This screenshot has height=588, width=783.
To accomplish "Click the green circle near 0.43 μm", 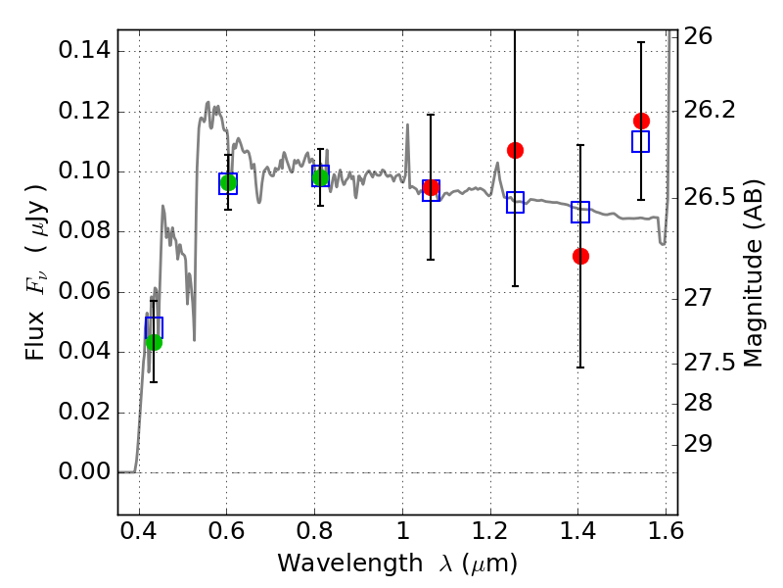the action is [154, 342].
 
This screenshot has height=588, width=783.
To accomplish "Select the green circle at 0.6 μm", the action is [228, 182].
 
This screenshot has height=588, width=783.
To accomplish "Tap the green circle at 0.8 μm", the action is [321, 177].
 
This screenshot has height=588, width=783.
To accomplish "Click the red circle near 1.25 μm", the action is [516, 150].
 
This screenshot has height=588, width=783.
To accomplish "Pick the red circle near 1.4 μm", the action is [580, 256].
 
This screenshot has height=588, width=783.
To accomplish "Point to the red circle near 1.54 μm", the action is [642, 121].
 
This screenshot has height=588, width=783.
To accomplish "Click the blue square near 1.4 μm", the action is [580, 212].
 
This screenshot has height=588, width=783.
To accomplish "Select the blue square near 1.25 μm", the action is [516, 202].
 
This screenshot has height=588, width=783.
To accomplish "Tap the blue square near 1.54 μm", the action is [640, 141].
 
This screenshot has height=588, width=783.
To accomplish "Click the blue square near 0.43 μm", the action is [154, 327].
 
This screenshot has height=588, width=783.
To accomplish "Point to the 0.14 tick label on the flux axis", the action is [84, 51].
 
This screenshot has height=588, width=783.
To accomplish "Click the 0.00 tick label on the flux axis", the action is [84, 471].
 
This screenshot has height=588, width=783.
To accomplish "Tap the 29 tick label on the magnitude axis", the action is [698, 444].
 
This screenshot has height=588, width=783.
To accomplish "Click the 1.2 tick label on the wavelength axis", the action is [490, 531].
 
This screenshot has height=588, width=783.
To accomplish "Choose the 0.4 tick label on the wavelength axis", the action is [139, 531].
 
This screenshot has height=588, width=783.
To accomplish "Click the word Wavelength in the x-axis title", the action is [350, 563].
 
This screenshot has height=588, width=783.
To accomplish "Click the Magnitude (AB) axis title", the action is [754, 273].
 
